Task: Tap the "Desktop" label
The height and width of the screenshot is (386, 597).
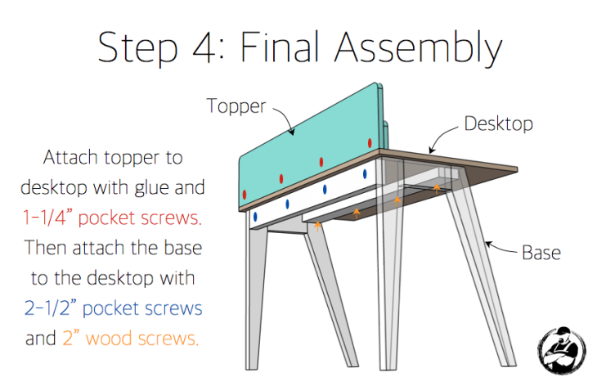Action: tap(498, 123)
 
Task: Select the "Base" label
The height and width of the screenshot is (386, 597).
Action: tap(541, 252)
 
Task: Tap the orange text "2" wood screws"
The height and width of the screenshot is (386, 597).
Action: tap(130, 337)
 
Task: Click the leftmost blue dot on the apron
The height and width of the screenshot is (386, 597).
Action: tap(255, 217)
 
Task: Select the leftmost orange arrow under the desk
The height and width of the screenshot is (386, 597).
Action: tap(317, 226)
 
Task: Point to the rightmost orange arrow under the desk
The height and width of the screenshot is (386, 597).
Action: tap(437, 187)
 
